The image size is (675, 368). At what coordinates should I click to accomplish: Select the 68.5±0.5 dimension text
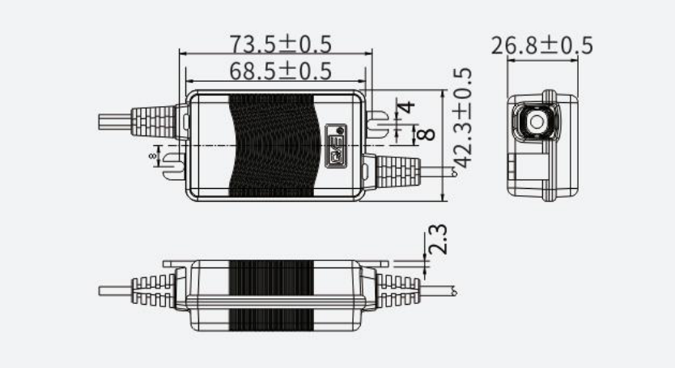(280, 71)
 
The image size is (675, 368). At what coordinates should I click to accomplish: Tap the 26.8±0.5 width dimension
(541, 45)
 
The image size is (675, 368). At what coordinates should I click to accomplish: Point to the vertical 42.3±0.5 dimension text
(463, 118)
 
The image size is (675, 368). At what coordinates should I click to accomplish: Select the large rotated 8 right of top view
(427, 135)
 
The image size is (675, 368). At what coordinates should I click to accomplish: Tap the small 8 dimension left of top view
(152, 153)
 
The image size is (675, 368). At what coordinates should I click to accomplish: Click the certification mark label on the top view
(335, 146)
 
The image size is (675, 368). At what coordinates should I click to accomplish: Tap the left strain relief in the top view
(155, 122)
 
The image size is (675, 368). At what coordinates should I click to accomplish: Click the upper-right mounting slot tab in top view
(379, 123)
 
